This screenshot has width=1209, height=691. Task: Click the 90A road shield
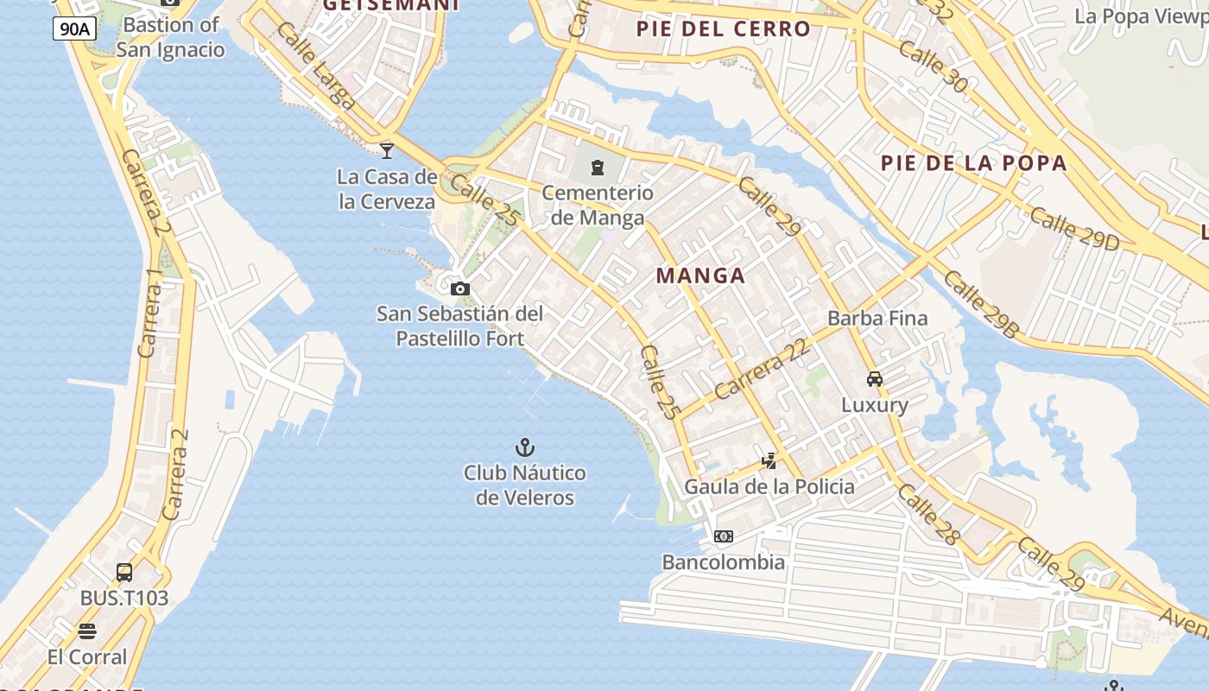click(74, 29)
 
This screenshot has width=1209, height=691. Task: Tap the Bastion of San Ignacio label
click(170, 37)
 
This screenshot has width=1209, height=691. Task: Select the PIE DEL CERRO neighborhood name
click(724, 29)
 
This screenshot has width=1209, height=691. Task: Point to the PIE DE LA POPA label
click(973, 163)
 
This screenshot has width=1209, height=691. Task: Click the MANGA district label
click(700, 276)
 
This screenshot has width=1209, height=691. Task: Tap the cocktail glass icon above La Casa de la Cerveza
click(387, 151)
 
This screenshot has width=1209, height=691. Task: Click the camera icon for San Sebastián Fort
click(460, 288)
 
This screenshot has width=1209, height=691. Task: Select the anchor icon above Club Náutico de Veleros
click(524, 447)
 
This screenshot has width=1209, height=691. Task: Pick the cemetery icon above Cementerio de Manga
click(598, 168)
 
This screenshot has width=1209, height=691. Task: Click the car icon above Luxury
click(875, 378)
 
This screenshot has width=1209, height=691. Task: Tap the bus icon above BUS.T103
click(124, 572)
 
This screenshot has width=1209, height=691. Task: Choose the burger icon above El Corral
click(87, 631)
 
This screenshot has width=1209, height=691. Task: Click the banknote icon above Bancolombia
click(724, 536)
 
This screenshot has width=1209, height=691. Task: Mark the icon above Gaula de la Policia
click(769, 461)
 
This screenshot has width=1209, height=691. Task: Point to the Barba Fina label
click(877, 318)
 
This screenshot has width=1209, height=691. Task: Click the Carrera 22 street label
click(763, 368)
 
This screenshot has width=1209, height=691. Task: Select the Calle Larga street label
click(316, 67)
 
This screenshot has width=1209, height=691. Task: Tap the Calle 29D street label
click(1073, 229)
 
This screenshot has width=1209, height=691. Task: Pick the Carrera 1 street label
click(151, 313)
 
